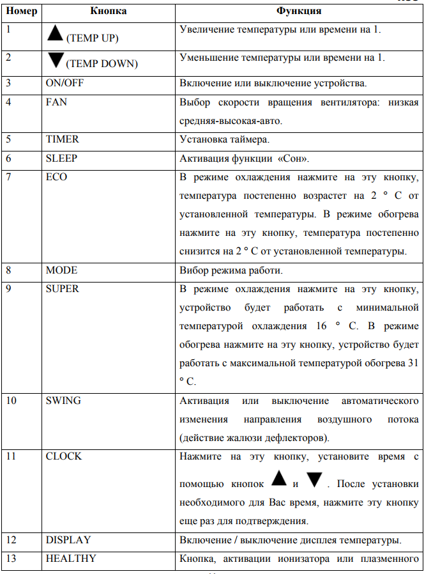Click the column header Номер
tap(21, 11)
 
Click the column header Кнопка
tap(107, 11)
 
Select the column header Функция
tap(298, 11)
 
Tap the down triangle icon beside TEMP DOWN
tap(55, 60)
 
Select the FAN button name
tap(56, 102)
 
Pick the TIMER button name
tap(62, 138)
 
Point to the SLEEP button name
tap(61, 159)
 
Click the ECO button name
tap(56, 177)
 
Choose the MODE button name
tap(61, 270)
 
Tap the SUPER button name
tap(62, 288)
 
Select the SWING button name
tap(63, 401)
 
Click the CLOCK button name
tap(64, 456)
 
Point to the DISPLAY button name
tap(68, 540)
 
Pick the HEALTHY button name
tap(71, 559)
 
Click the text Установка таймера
tap(222, 138)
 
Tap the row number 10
tap(11, 401)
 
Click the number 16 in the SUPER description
tap(322, 326)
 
